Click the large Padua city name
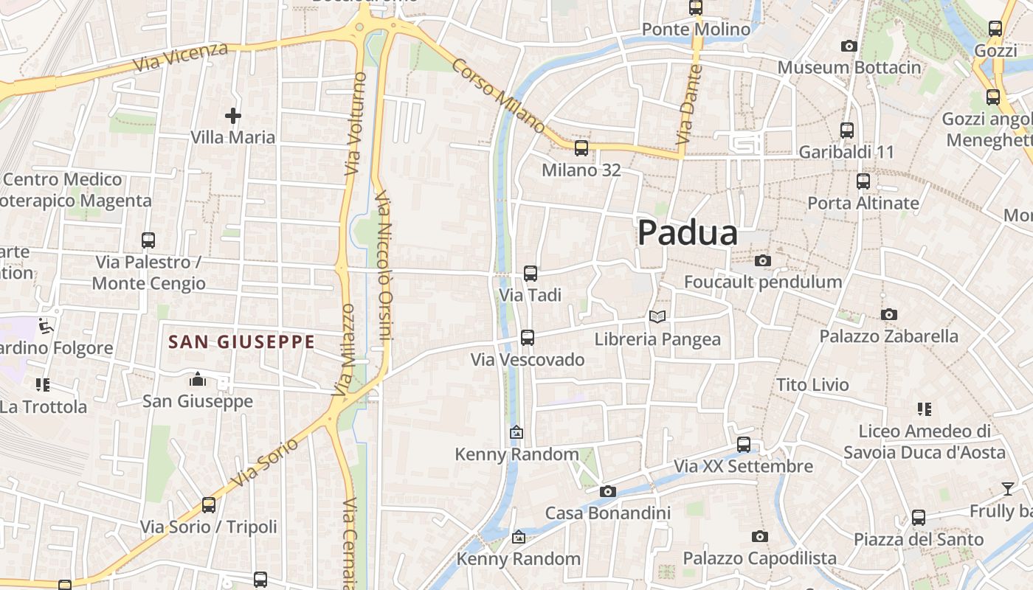(687, 233)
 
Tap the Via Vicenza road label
(181, 57)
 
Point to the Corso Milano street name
(498, 96)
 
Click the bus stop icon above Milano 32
(581, 148)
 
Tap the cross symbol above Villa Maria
(233, 116)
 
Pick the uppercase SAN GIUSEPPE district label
(242, 342)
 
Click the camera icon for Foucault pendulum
(763, 260)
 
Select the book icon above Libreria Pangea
(657, 317)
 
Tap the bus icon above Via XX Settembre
(744, 445)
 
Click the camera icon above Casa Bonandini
(607, 491)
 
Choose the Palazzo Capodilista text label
(759, 558)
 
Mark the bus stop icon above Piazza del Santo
(919, 518)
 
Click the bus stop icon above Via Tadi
(531, 274)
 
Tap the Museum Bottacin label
(849, 68)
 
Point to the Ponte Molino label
(696, 29)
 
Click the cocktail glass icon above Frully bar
(1007, 488)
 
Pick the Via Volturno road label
(354, 123)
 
